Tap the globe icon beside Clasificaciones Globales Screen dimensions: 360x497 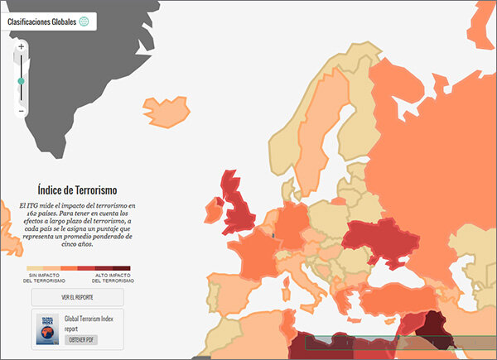pyautogui.click(x=84, y=22)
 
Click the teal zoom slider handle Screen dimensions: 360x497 pyautogui.click(x=22, y=80)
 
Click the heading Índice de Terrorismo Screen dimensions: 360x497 pyautogui.click(x=76, y=190)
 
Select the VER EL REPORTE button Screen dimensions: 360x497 pyautogui.click(x=76, y=297)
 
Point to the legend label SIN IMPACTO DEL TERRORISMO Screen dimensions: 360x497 pyautogui.click(x=50, y=278)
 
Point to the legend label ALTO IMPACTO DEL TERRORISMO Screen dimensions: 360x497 pyautogui.click(x=112, y=278)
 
